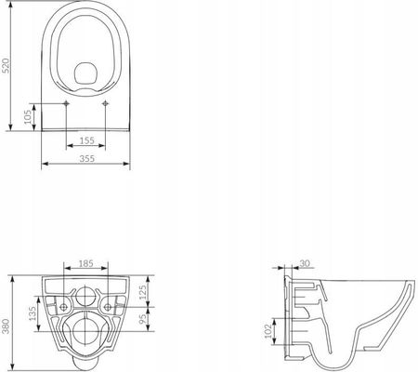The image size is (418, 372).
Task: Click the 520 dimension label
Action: click(7, 65)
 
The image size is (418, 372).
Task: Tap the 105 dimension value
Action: click(28, 117)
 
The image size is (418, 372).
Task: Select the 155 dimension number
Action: click(87, 140)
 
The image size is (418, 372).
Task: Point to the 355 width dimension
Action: click(87, 158)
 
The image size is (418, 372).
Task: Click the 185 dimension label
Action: click(85, 263)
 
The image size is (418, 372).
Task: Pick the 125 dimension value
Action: click(142, 293)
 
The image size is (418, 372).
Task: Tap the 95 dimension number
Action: click(142, 319)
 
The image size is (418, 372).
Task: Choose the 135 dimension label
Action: click(33, 313)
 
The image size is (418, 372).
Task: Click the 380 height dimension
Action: click(7, 326)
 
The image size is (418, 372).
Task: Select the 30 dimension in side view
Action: click(305, 263)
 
